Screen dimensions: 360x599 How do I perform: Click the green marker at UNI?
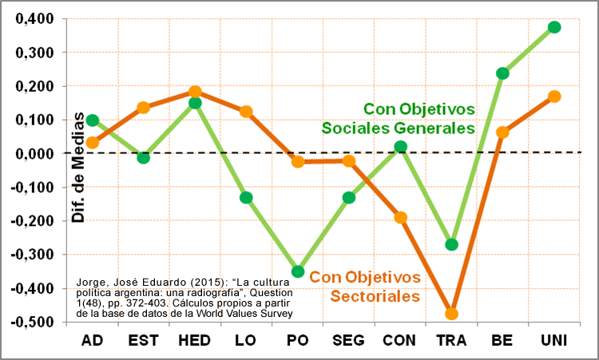tap(554, 27)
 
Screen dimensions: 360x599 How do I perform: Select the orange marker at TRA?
tap(451, 314)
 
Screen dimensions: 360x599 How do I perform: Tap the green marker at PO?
tap(298, 271)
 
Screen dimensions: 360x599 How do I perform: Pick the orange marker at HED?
tap(195, 92)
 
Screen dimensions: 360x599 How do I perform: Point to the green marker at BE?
tap(502, 73)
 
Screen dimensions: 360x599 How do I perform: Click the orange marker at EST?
tap(144, 108)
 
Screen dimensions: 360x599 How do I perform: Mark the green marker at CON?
tap(400, 147)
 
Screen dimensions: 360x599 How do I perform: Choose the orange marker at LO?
tap(246, 112)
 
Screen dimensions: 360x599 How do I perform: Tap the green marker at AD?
tap(93, 121)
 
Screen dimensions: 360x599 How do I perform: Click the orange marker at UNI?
tap(554, 97)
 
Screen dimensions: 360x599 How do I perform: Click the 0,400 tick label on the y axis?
tap(33, 19)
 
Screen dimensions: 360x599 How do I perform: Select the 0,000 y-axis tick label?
tap(33, 154)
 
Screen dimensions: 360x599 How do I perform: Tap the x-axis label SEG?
tap(348, 342)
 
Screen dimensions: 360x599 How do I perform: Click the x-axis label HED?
tap(195, 342)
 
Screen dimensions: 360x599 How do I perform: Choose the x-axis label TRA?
tap(451, 342)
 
